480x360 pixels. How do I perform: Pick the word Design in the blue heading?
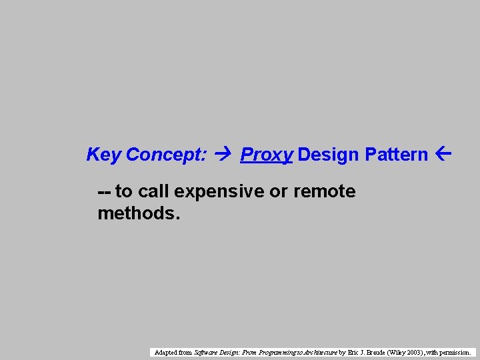click(329, 155)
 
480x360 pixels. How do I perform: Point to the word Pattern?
click(397, 155)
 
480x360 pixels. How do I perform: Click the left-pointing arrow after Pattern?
click(443, 155)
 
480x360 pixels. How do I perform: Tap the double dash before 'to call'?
click(104, 192)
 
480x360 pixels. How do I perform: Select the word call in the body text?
click(153, 192)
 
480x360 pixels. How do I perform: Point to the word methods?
click(139, 214)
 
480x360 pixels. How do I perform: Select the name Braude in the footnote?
click(377, 352)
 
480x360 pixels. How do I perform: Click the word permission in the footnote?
click(455, 352)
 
